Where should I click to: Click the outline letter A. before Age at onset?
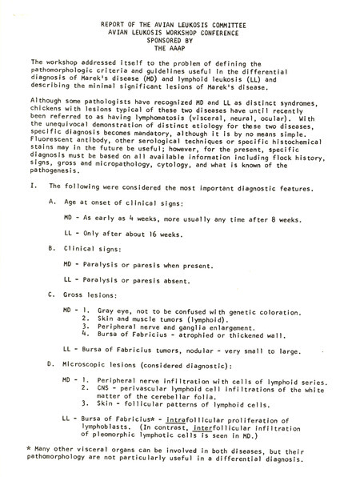click(x=52, y=202)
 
